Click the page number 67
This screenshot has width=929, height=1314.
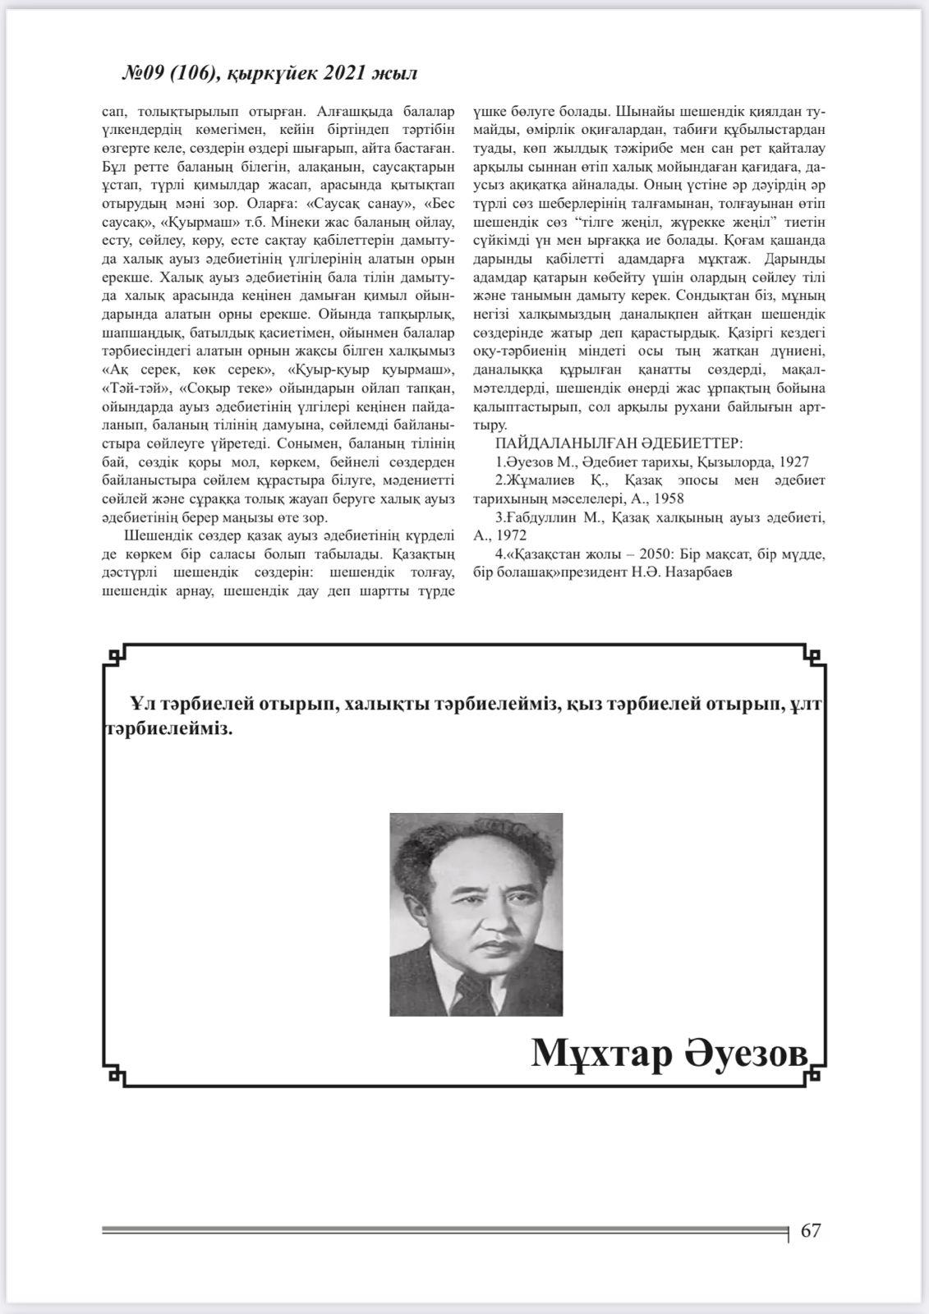click(810, 1230)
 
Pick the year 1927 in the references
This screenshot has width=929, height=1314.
click(793, 462)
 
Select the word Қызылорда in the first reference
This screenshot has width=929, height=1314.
click(731, 462)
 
